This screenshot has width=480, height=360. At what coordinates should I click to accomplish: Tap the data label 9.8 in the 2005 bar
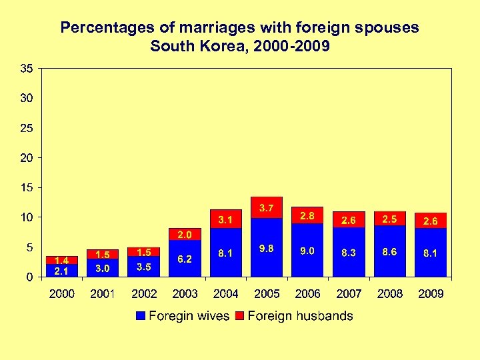[x=267, y=249]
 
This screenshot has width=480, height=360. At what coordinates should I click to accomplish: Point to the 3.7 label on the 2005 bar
[x=267, y=209]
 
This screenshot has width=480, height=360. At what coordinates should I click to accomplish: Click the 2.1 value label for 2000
[x=62, y=271]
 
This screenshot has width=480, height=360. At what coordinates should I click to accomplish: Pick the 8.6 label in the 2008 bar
[x=389, y=253]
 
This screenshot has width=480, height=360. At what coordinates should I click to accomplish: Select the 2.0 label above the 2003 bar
[x=185, y=235]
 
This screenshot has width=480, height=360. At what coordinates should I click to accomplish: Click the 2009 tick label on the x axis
[x=430, y=294]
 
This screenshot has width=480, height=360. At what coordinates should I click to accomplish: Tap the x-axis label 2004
[x=225, y=294]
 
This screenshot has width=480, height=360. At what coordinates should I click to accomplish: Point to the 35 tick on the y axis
[x=27, y=68]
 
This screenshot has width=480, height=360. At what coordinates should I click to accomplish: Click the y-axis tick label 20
[x=27, y=157]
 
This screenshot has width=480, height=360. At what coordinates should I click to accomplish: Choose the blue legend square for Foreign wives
[x=140, y=316]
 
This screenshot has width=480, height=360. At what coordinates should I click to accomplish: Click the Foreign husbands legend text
[x=300, y=316]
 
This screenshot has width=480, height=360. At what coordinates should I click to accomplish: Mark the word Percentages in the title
[x=99, y=28]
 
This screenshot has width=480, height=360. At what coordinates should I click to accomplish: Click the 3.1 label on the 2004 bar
[x=225, y=219]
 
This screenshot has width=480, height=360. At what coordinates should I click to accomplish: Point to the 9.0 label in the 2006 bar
[x=307, y=251]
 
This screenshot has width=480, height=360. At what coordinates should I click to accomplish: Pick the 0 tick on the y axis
[x=30, y=277]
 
